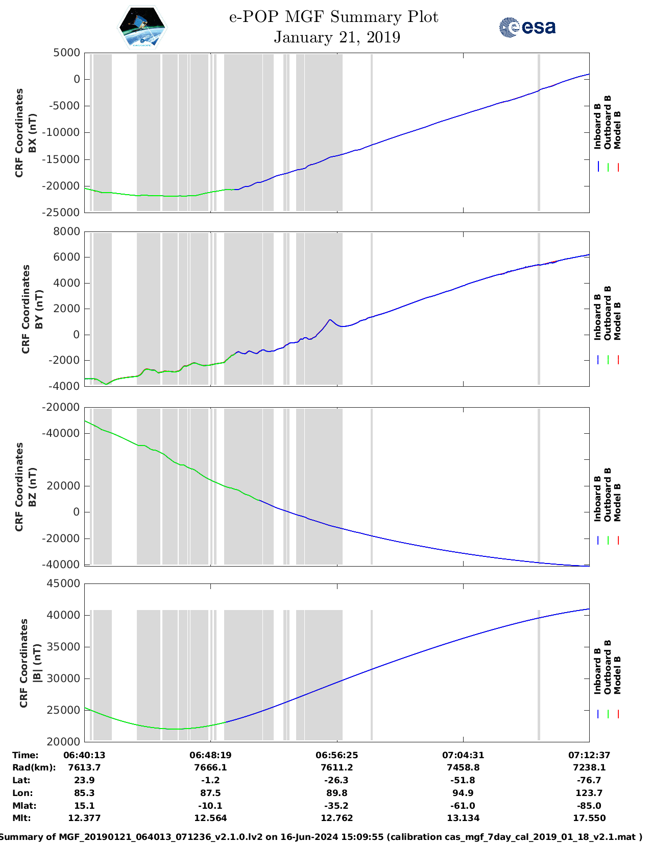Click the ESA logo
[x=527, y=27]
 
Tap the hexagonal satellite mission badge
[x=142, y=27]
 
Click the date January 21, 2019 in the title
[x=337, y=37]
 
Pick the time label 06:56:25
[x=337, y=755]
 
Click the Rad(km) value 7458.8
[x=463, y=767]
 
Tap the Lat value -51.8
[x=463, y=780]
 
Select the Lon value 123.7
[x=589, y=793]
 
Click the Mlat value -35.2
[x=337, y=806]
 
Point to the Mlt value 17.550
[x=589, y=818]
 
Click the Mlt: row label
[x=21, y=818]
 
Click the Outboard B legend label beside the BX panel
[x=608, y=123]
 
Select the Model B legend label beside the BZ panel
[x=617, y=502]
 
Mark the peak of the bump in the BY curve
[x=330, y=320]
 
